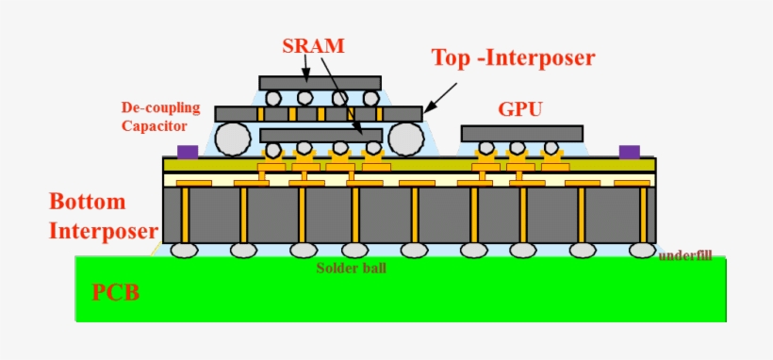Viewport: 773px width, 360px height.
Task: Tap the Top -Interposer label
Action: click(513, 57)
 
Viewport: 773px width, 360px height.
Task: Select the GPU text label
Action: click(520, 109)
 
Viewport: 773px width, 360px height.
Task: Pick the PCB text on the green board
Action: click(116, 292)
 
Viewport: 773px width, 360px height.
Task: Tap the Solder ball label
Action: click(351, 268)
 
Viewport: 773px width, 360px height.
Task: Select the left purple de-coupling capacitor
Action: click(188, 151)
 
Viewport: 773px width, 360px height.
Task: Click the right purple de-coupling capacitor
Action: click(629, 151)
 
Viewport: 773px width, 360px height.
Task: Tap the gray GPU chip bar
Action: click(521, 133)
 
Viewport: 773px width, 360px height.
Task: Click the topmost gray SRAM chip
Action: click(320, 83)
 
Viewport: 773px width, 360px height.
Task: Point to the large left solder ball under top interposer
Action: click(233, 139)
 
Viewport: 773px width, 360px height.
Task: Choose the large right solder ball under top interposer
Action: click(406, 139)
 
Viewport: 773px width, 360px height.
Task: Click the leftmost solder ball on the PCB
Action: click(185, 250)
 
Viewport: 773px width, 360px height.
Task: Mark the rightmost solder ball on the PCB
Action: click(642, 250)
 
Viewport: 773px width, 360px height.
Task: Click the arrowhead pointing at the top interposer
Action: click(427, 108)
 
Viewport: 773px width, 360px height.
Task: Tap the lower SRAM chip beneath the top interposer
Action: click(321, 135)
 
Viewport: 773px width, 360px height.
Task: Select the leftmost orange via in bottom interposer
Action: click(186, 215)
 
